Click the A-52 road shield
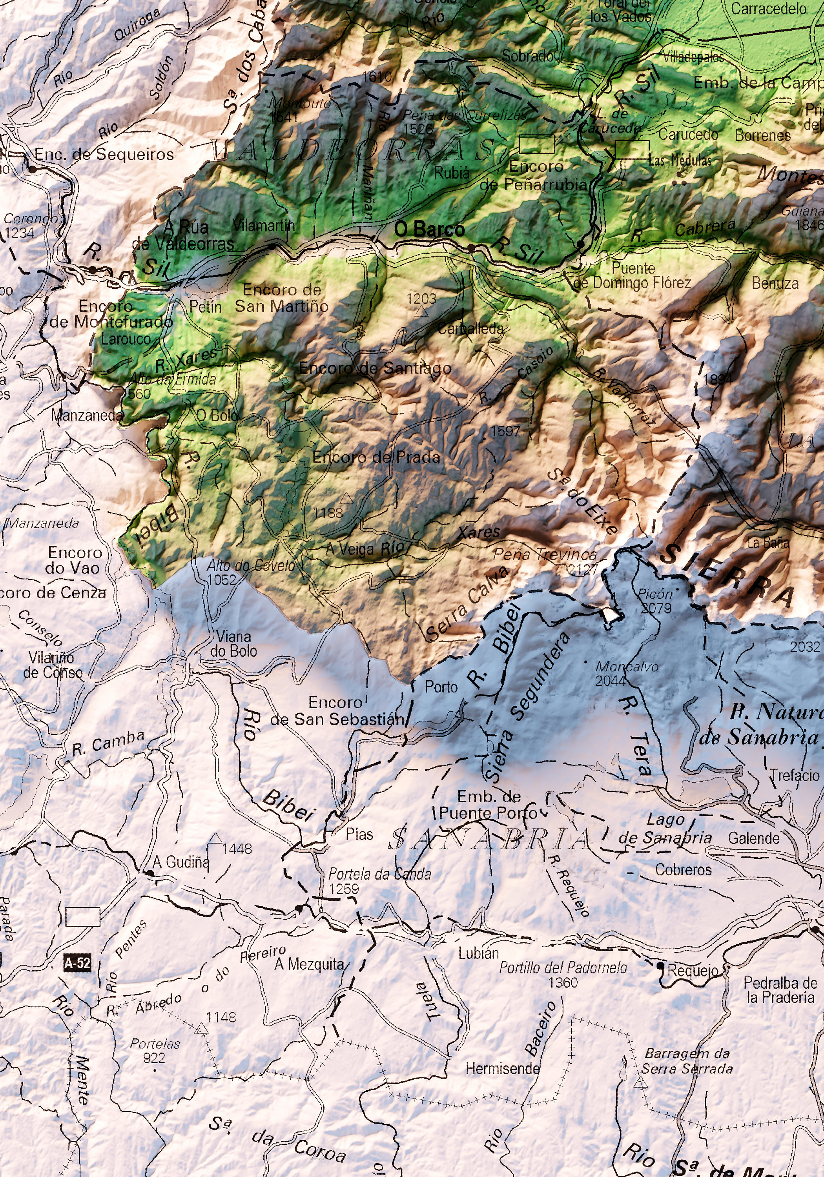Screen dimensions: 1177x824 (x=77, y=963)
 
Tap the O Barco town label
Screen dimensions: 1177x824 (x=429, y=230)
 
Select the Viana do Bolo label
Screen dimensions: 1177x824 (x=233, y=644)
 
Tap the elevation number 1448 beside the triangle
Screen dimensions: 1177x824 (x=237, y=848)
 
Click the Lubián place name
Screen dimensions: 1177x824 (x=478, y=953)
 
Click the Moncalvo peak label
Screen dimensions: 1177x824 (x=627, y=667)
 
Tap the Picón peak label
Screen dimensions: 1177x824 (x=655, y=594)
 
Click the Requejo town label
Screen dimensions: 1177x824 (x=692, y=970)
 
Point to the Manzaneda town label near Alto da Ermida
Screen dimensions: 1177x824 (x=87, y=415)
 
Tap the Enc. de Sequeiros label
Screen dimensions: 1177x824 (x=104, y=154)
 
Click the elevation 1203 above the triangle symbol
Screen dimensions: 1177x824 (x=421, y=298)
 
